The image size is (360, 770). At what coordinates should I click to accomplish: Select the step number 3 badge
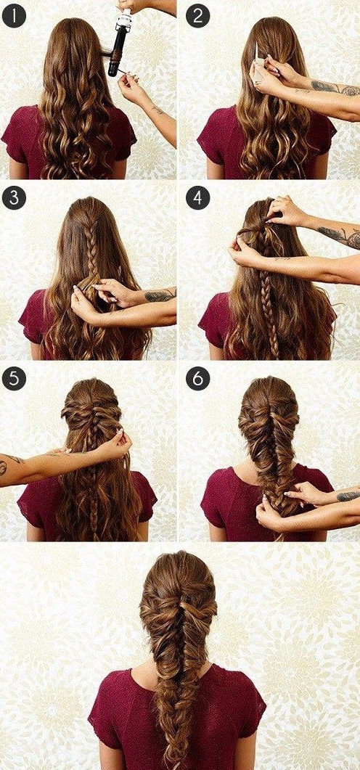(x=14, y=198)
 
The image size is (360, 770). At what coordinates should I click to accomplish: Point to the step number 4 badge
(x=198, y=198)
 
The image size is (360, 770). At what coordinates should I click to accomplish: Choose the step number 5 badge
(x=14, y=379)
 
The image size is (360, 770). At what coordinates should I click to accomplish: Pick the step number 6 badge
(x=198, y=379)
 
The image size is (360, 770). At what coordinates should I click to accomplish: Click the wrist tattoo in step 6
(x=348, y=496)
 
